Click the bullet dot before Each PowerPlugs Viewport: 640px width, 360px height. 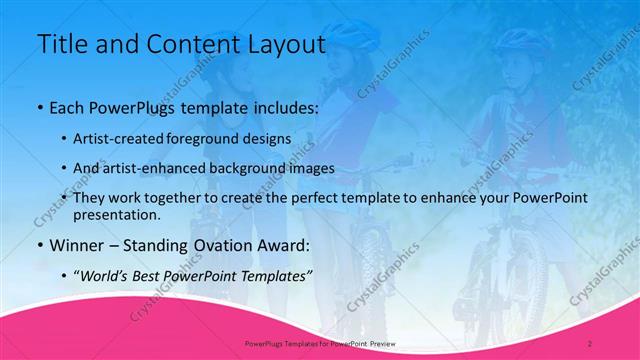point(39,107)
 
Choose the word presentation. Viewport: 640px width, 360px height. point(123,214)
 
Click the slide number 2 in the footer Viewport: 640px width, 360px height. point(590,342)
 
